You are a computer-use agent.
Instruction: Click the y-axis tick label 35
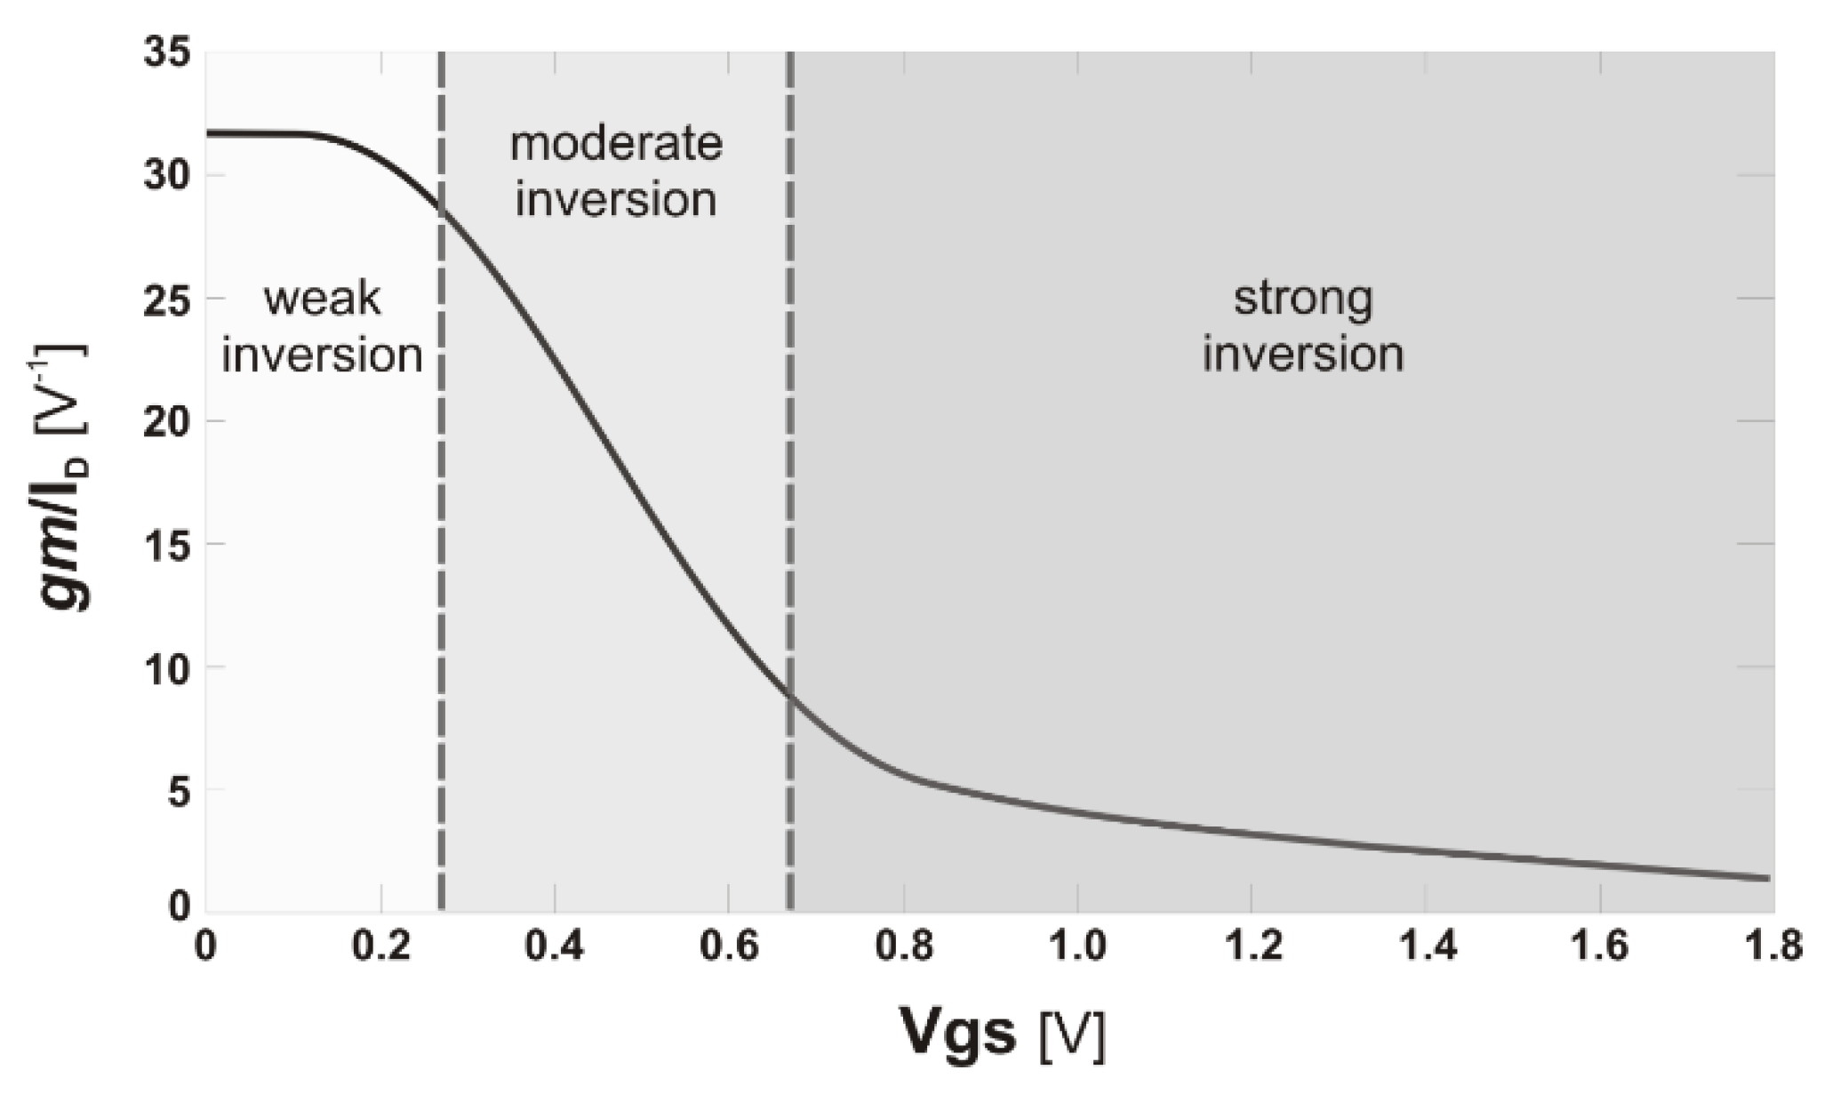(167, 53)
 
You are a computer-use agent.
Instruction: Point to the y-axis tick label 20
(167, 421)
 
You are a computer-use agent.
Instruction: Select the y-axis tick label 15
(167, 545)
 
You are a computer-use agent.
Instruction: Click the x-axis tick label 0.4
(554, 946)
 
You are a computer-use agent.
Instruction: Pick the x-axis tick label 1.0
(1077, 946)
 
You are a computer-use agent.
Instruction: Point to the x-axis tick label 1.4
(1426, 946)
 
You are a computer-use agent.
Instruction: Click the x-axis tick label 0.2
(380, 946)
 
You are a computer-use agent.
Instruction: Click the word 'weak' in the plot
(322, 299)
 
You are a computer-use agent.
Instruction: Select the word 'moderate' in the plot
(616, 144)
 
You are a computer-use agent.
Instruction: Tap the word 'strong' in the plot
(1303, 299)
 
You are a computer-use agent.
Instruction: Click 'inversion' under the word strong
(1303, 354)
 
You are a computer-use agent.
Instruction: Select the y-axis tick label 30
(167, 175)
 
